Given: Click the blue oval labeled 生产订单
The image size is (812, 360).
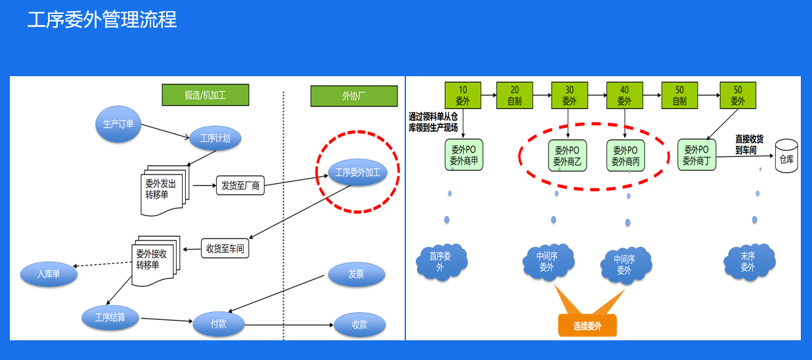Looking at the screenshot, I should pyautogui.click(x=118, y=124).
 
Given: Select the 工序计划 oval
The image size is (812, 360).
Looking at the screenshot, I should pyautogui.click(x=215, y=138).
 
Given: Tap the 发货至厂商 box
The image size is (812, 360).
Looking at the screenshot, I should pyautogui.click(x=240, y=186).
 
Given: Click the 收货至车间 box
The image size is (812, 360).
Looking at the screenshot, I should pyautogui.click(x=225, y=249).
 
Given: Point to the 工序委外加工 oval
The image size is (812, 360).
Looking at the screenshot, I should pyautogui.click(x=357, y=173).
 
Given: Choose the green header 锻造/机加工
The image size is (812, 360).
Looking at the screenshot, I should pyautogui.click(x=206, y=95).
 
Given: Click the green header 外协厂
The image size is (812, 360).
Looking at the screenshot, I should pyautogui.click(x=354, y=96).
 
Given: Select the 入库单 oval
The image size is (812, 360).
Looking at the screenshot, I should pyautogui.click(x=48, y=274).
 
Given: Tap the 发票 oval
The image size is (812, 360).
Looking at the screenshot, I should pyautogui.click(x=356, y=274).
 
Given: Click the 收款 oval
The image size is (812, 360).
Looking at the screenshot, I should pyautogui.click(x=359, y=325).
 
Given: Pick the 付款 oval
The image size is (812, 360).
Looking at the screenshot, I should pyautogui.click(x=219, y=324).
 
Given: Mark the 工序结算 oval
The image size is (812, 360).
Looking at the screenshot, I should pyautogui.click(x=110, y=318).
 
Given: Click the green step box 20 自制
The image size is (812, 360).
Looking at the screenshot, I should pyautogui.click(x=514, y=95).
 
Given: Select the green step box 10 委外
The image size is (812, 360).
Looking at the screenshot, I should pyautogui.click(x=463, y=95).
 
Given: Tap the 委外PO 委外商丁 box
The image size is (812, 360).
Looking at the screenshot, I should pyautogui.click(x=697, y=155).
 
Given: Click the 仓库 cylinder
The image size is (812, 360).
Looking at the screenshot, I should pyautogui.click(x=786, y=156).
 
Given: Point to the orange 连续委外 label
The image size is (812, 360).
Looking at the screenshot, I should pyautogui.click(x=587, y=325).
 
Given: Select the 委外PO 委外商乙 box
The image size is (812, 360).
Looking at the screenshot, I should pyautogui.click(x=567, y=155).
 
